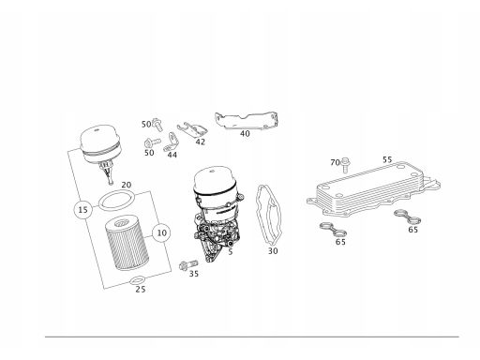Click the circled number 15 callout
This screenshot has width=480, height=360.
coord(83,209)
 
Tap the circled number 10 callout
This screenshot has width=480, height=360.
coord(161,233)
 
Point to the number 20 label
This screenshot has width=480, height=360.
coord(126,185)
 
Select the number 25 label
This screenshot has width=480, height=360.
coord(141,290)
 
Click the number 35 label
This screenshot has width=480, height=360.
coord(194,274)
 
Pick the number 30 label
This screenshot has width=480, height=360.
coord(273,251)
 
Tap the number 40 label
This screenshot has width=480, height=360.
coord(245,134)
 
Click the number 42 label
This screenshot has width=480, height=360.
coord(201,142)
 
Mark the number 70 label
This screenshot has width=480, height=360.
coord(335,162)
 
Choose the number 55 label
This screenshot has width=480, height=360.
coord(387,159)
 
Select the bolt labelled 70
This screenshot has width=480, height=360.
coord(345,165)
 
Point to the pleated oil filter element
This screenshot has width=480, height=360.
coord(126,243)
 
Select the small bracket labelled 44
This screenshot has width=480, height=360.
coord(172,142)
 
